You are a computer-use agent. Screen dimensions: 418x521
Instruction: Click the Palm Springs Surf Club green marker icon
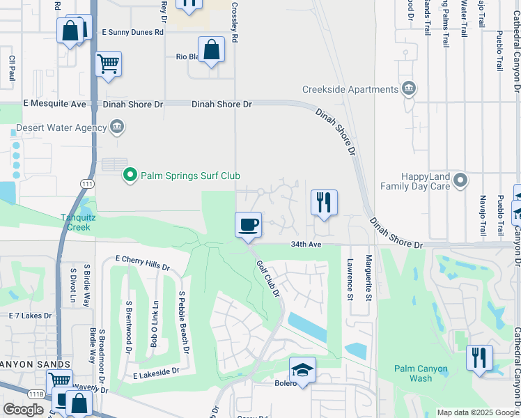(129, 175)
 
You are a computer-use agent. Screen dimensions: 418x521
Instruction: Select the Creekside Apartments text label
(350, 89)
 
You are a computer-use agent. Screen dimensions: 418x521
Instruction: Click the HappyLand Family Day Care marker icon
(460, 181)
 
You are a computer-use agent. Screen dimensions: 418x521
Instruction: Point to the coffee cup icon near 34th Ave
(249, 224)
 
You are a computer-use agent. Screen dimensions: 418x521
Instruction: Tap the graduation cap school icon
(302, 369)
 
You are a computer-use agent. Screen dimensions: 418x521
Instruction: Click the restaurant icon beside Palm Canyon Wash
(479, 357)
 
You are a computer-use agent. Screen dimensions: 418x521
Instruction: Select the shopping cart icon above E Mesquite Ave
(108, 64)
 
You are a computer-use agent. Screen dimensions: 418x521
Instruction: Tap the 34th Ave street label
(306, 245)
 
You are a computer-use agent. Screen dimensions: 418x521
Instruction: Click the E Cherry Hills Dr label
(137, 267)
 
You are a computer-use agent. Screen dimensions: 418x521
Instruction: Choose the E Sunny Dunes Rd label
(132, 32)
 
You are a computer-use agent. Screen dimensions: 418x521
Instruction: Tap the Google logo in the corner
(23, 410)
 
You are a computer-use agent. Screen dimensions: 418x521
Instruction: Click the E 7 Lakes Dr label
(30, 316)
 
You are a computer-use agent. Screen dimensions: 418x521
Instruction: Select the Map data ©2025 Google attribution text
(477, 412)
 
